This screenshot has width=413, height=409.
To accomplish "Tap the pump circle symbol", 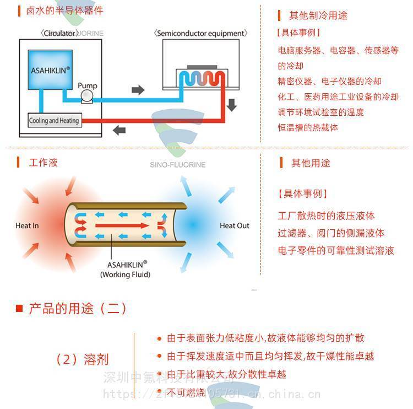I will pos(87,97).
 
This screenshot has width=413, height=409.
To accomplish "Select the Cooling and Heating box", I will pos(54,121).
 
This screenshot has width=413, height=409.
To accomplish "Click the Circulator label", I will pos(59,33).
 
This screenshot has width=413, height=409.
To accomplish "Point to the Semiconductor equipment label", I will pos(200,33).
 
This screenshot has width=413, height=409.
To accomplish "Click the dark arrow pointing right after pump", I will pos(138,90).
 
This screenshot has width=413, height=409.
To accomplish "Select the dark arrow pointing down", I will pos(232,104).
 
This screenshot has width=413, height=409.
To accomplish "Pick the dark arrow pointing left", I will pos(119,131).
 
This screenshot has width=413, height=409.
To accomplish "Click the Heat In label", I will pos(27,225).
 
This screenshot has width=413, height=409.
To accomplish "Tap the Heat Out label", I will pos(235,225).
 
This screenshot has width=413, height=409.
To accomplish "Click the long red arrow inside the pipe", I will pos(121,225).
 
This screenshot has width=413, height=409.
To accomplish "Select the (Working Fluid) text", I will pos(125,274).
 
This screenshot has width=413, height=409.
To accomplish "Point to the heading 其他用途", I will pos(311,163).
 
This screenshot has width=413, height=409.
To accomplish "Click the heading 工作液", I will pos(43,163).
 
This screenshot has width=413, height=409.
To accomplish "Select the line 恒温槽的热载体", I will pos(308,127).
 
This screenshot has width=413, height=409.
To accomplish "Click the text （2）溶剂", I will pos(82,360).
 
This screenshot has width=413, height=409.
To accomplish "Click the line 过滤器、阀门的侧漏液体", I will pos(331,233).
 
